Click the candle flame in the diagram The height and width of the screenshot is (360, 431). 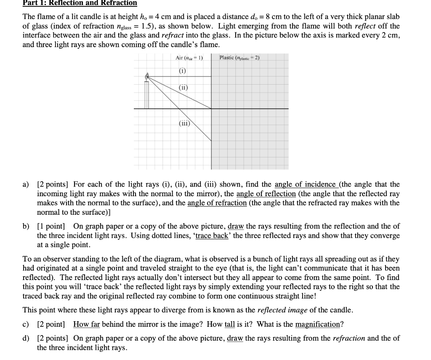(147, 77)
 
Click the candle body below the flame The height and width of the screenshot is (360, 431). (147, 95)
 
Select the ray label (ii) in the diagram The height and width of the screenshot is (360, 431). (182, 88)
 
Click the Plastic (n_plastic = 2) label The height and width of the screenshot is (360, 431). (239, 58)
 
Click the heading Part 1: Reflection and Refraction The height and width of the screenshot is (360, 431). (80, 3)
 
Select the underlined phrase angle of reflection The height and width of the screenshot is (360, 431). (266, 194)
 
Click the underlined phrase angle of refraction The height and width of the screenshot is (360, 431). (217, 203)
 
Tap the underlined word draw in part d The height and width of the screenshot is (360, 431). (235, 339)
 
